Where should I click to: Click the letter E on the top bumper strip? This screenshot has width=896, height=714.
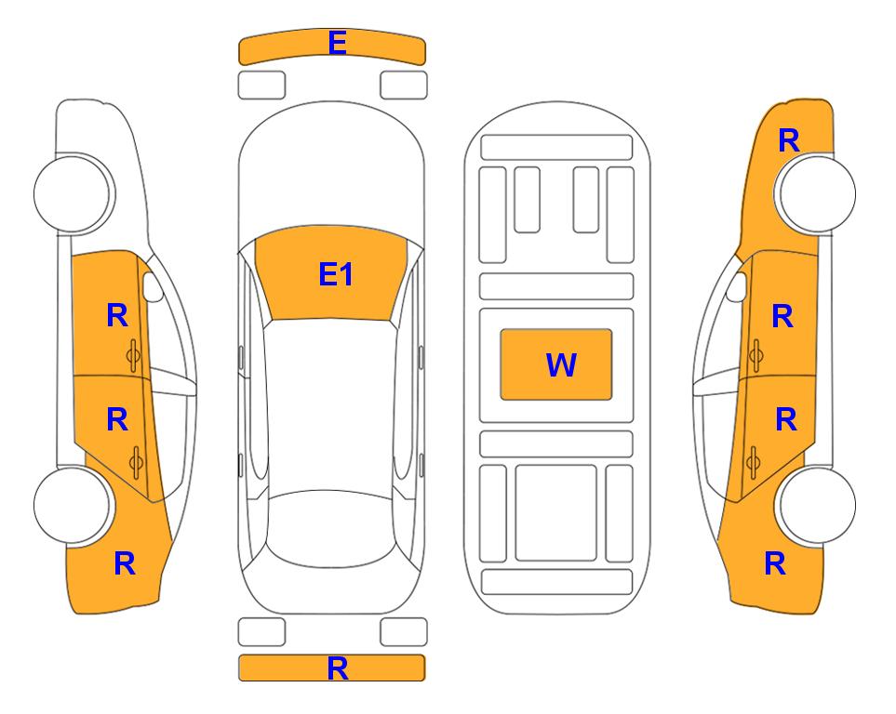[337, 43]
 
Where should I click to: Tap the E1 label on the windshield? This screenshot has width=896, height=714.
[336, 274]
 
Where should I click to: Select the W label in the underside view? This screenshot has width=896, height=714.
[561, 365]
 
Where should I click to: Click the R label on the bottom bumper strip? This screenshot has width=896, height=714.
[338, 668]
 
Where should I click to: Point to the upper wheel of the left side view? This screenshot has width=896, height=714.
[73, 193]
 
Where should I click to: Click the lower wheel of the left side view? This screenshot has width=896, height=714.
[73, 505]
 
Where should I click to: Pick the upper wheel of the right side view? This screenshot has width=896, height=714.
[817, 193]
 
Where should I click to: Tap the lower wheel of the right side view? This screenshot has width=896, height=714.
[817, 505]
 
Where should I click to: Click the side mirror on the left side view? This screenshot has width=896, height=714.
[153, 286]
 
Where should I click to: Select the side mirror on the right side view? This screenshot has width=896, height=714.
[737, 286]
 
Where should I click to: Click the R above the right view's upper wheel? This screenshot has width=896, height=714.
[789, 140]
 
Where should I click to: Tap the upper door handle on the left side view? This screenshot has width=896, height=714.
[134, 355]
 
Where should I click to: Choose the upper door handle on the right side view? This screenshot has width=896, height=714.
[756, 355]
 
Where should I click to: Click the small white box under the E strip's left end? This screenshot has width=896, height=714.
[261, 86]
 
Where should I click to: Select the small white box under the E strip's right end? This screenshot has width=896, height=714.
[404, 86]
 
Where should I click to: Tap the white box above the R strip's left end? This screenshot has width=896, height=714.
[261, 632]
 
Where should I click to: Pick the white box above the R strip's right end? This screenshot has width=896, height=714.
[404, 632]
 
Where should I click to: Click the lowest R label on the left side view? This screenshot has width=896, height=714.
[125, 563]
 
